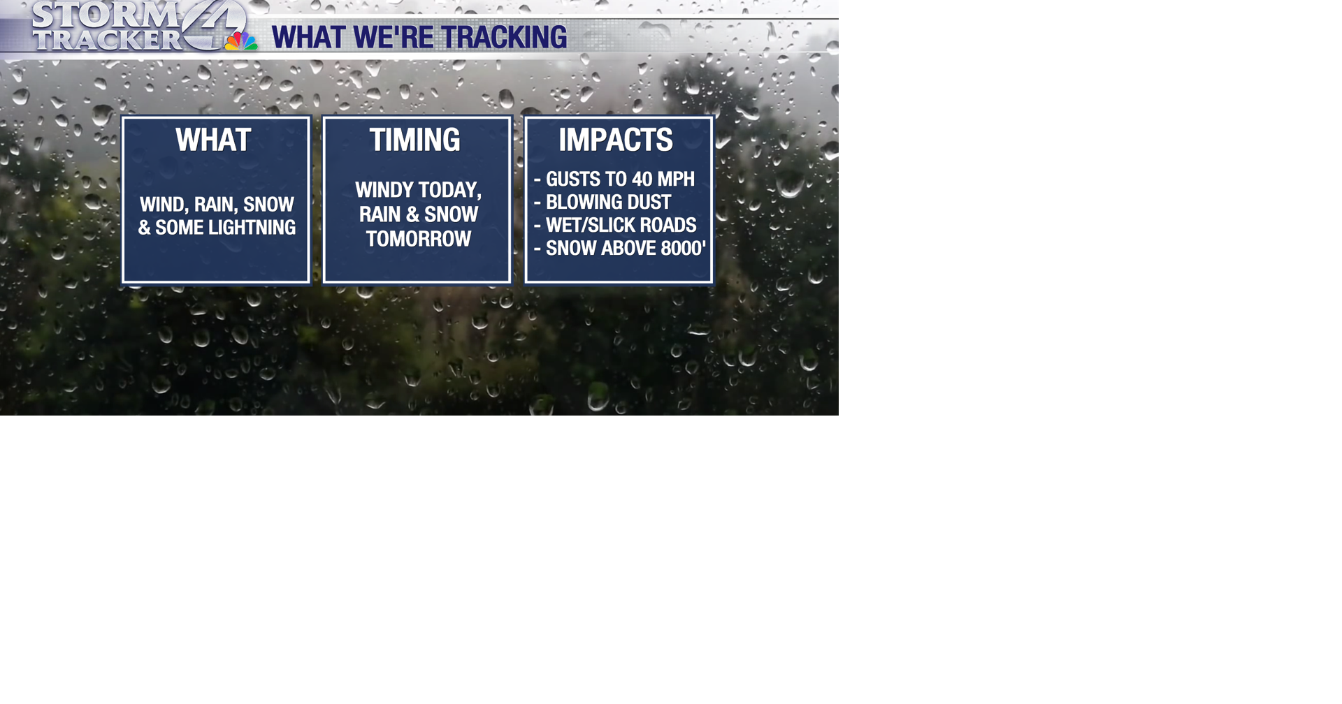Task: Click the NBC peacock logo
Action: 241,41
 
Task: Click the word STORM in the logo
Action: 105,14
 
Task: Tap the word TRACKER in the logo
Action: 107,40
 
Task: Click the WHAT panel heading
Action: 213,140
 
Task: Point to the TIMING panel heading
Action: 414,140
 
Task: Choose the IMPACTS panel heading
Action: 615,140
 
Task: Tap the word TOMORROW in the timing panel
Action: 418,239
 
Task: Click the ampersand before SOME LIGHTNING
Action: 144,228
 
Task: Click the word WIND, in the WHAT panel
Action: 164,205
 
